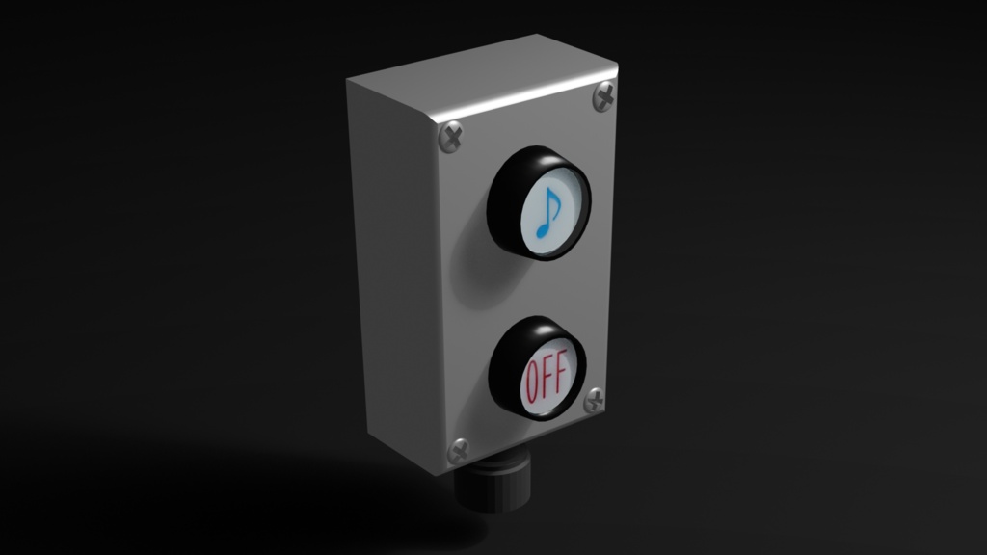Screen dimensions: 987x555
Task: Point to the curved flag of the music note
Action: [x=554, y=200]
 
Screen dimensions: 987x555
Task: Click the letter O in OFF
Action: [x=532, y=383]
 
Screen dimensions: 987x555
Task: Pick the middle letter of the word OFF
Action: [x=547, y=377]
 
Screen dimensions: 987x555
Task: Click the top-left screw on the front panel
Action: [x=451, y=138]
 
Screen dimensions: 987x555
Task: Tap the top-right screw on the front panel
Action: [x=604, y=97]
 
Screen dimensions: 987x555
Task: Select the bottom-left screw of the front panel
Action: [x=458, y=451]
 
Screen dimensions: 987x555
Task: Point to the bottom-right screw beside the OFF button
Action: [x=594, y=400]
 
